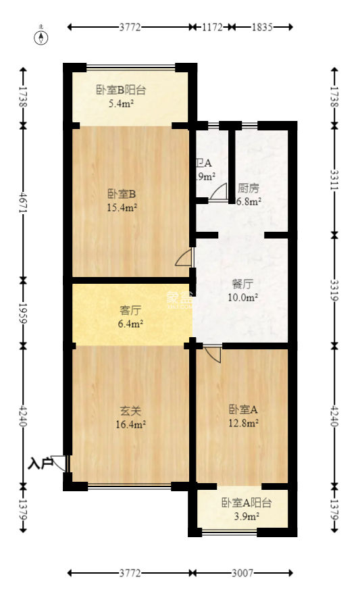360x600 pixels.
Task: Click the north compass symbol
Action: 41,36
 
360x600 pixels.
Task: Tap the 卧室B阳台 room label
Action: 122,90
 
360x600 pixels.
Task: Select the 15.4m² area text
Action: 122,207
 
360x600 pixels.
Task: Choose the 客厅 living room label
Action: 130,311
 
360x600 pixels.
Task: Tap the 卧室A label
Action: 244,409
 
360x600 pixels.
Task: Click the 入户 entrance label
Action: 40,464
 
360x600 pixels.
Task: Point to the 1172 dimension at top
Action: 212,27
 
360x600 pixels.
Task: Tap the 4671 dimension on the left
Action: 24,201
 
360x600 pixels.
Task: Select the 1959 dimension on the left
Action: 24,311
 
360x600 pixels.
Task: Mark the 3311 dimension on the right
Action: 334,179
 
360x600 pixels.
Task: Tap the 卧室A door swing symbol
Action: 212,353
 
